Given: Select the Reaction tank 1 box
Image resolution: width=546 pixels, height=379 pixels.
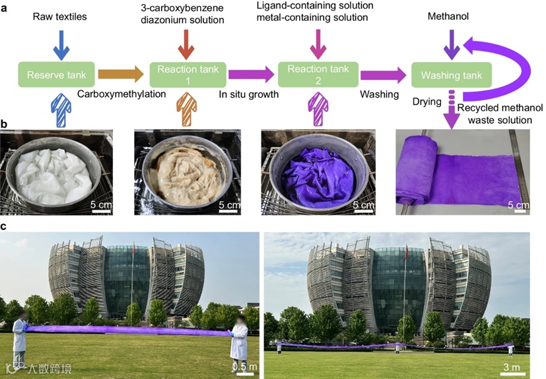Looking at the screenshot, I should point(189,74).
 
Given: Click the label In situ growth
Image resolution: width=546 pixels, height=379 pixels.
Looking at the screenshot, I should point(249,94).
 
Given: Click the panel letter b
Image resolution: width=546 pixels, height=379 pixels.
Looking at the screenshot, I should point(5,123).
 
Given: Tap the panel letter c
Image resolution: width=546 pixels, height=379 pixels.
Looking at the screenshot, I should point(5,225).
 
